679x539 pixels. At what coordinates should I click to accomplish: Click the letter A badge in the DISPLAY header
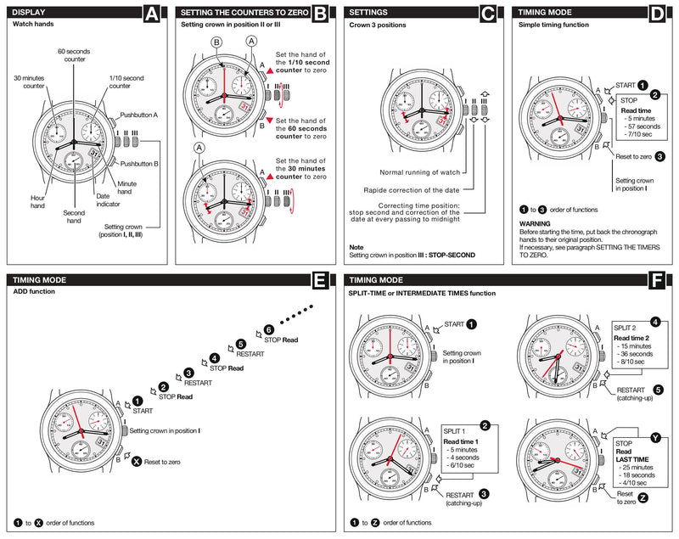(150, 13)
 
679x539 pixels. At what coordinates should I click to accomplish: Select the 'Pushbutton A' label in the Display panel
(139, 114)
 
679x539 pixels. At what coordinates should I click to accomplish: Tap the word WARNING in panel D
(538, 224)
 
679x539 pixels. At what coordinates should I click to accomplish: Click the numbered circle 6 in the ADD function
(268, 330)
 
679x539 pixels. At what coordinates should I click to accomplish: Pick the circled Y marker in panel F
(654, 437)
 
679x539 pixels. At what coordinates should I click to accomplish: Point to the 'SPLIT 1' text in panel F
(457, 431)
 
